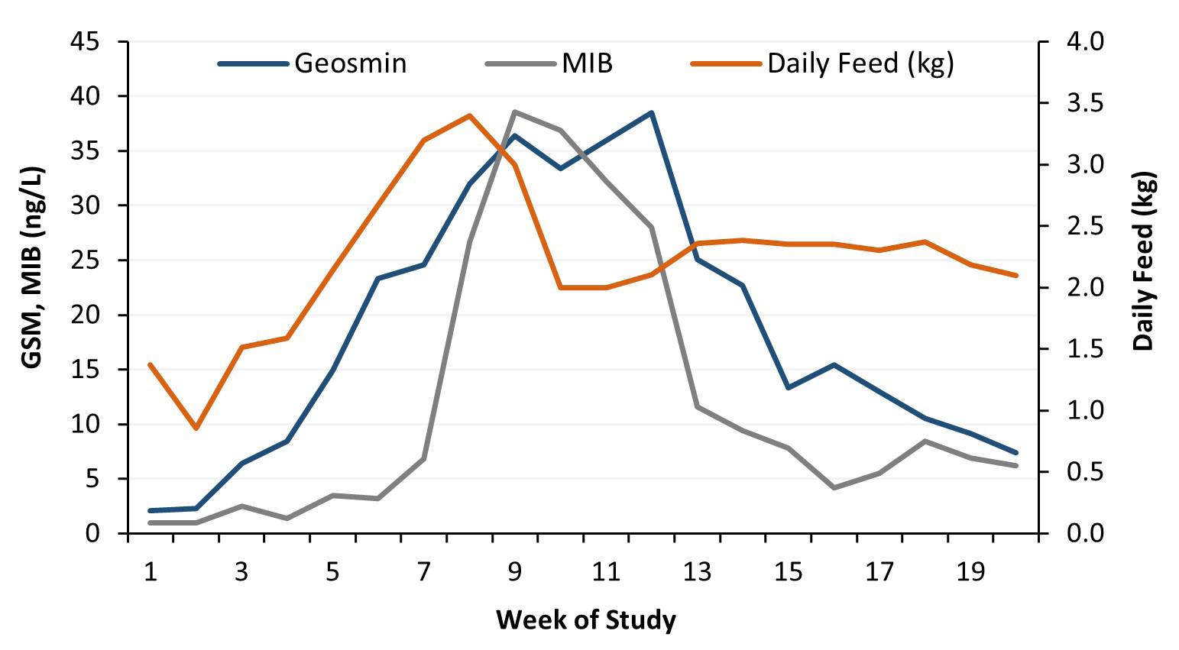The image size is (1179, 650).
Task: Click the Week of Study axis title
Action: coord(586,619)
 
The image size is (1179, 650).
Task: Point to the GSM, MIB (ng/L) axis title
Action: coord(33,268)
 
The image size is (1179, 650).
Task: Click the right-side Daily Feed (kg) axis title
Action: coord(1144,260)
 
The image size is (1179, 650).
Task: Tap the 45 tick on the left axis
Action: coord(86,42)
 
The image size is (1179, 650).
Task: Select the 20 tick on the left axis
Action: coord(86,315)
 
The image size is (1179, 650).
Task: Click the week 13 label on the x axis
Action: coord(697,572)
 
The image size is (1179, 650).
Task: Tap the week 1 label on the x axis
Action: coord(151,572)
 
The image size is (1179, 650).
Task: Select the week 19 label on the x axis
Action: coord(970,572)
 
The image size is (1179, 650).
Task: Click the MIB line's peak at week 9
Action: coord(515,112)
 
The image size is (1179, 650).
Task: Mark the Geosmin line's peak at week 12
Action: coord(651,112)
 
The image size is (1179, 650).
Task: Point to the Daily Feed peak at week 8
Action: coord(469,115)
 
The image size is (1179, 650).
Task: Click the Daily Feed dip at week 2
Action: coord(196,428)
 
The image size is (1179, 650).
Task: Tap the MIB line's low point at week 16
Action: coord(834,487)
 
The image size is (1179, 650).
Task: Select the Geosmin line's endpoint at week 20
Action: coord(1016,453)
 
